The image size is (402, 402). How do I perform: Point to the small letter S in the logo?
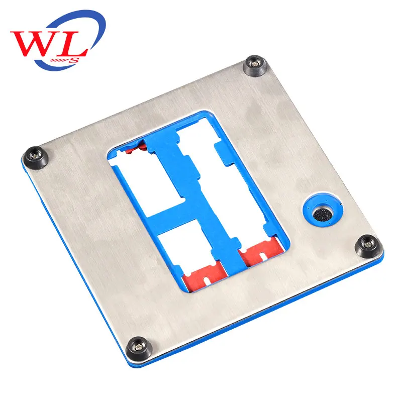tap(74, 60)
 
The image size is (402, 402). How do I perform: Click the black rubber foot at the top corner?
tap(255, 65)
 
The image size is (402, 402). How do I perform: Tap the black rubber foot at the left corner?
tap(36, 158)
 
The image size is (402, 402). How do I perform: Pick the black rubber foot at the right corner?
tap(367, 246)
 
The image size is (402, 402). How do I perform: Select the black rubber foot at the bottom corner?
tap(139, 349)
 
